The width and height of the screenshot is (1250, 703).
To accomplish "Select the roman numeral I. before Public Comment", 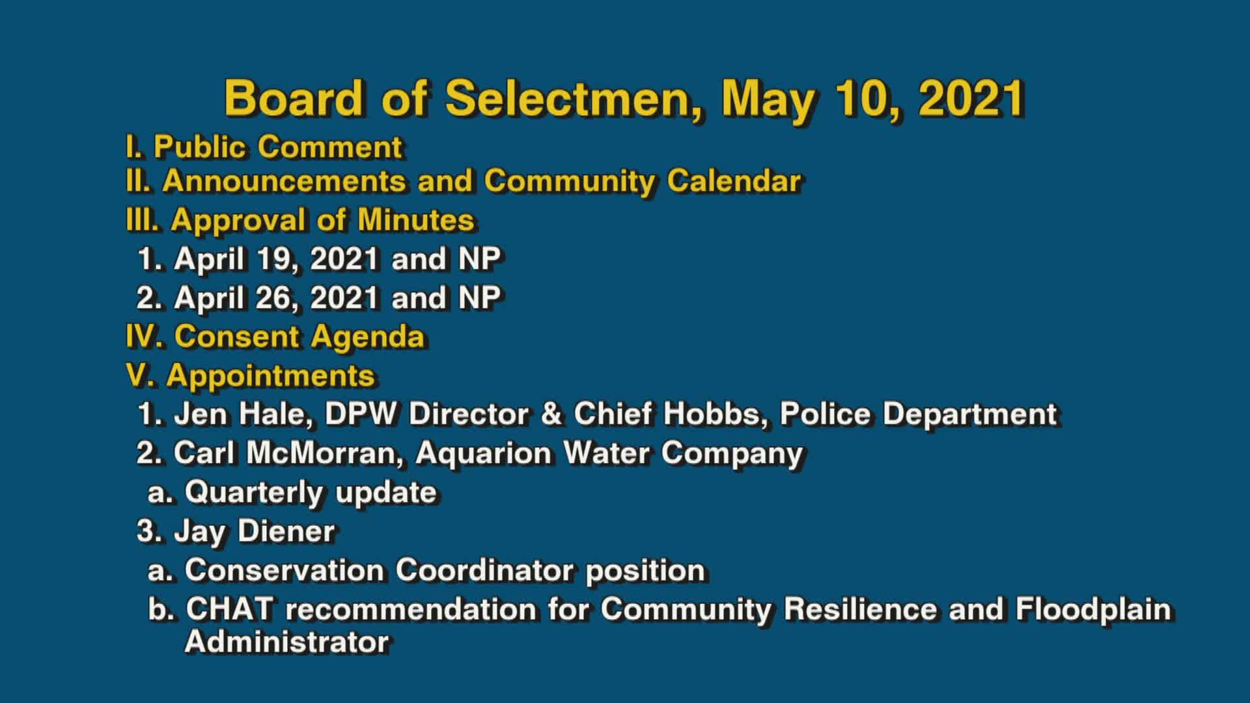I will [x=133, y=147].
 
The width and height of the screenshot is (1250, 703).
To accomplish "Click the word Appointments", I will [x=270, y=376].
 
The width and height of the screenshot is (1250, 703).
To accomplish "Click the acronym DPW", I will [x=360, y=414].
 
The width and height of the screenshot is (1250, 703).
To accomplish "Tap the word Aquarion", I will [x=483, y=453].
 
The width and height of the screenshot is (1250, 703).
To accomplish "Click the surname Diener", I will [x=286, y=531].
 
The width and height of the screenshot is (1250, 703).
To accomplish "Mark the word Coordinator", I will [x=485, y=570].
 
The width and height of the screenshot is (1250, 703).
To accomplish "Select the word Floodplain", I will [x=1093, y=609].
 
